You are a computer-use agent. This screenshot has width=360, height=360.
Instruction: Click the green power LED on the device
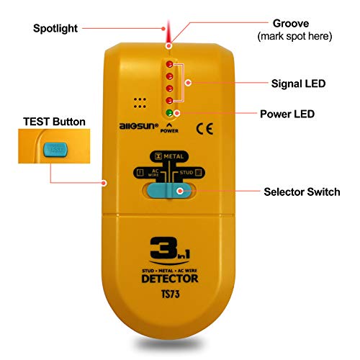[x=169, y=113]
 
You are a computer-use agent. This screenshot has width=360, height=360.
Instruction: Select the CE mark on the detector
[x=204, y=130]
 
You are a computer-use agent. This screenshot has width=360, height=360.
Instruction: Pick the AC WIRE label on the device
[x=149, y=174]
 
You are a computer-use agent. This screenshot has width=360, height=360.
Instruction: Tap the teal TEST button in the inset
[x=54, y=150]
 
